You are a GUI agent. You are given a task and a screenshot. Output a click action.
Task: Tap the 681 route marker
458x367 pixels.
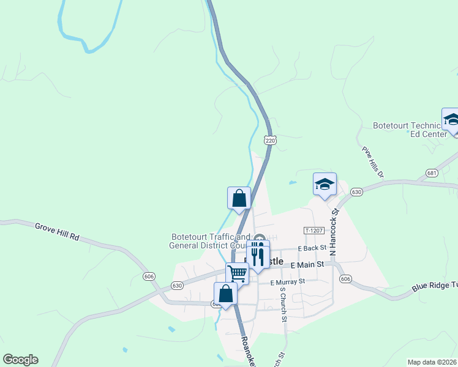click(432, 173)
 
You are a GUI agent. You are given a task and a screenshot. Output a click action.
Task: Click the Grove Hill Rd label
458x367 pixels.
click(58, 231)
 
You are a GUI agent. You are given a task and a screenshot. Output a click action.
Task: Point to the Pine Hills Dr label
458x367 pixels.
click(372, 162)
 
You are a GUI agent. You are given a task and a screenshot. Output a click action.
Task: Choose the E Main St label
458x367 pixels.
click(307, 264)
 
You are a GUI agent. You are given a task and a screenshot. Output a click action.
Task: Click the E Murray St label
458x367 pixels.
click(288, 282)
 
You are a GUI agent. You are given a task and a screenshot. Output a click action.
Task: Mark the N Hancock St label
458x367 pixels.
click(334, 231)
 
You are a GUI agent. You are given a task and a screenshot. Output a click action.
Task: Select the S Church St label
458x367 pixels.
click(283, 304)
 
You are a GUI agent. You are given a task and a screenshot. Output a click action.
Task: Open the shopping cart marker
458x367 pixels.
click(238, 273)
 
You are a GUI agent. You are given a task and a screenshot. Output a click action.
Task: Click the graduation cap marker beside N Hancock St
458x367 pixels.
click(325, 184)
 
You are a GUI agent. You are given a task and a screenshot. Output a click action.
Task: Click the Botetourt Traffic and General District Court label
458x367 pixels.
click(210, 241)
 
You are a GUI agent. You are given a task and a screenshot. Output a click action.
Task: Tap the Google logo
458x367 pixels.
click(20, 360)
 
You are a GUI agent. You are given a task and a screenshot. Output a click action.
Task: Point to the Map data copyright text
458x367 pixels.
click(432, 362)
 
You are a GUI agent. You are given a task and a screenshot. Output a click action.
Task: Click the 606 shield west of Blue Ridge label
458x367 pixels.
click(346, 279)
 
